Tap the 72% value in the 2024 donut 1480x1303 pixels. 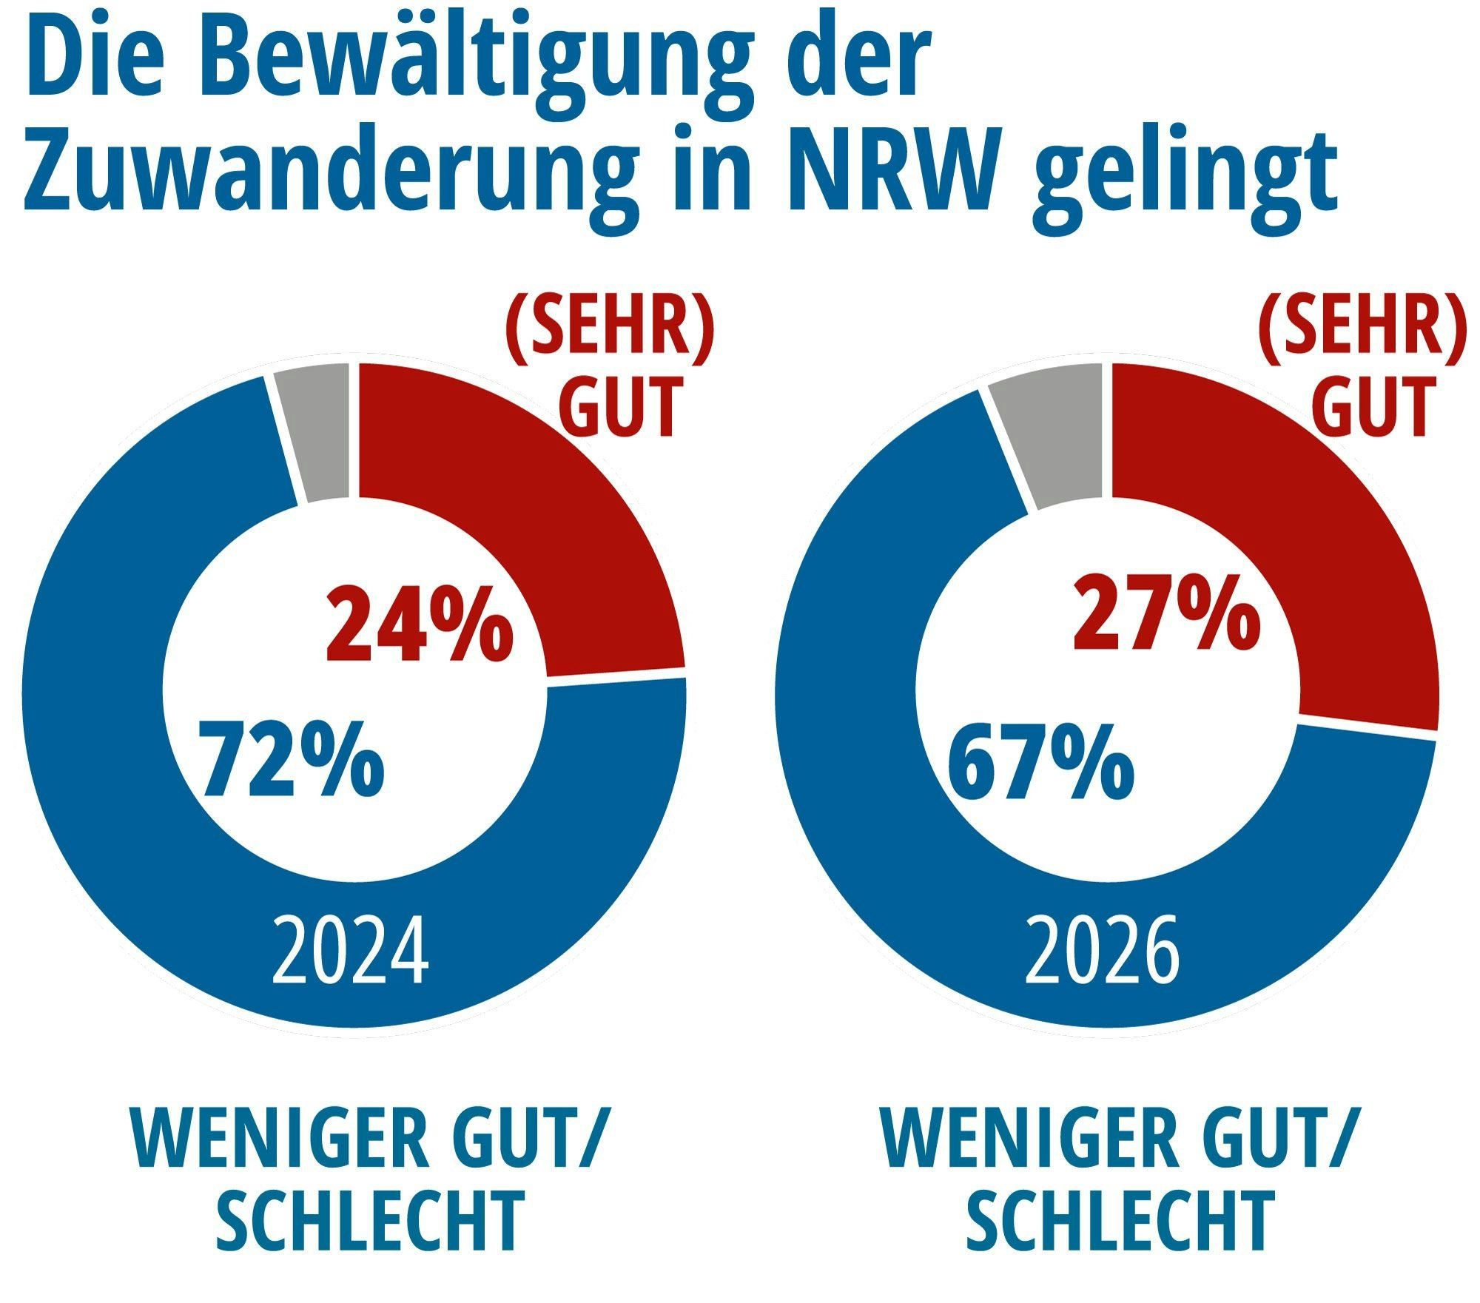coord(292,760)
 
